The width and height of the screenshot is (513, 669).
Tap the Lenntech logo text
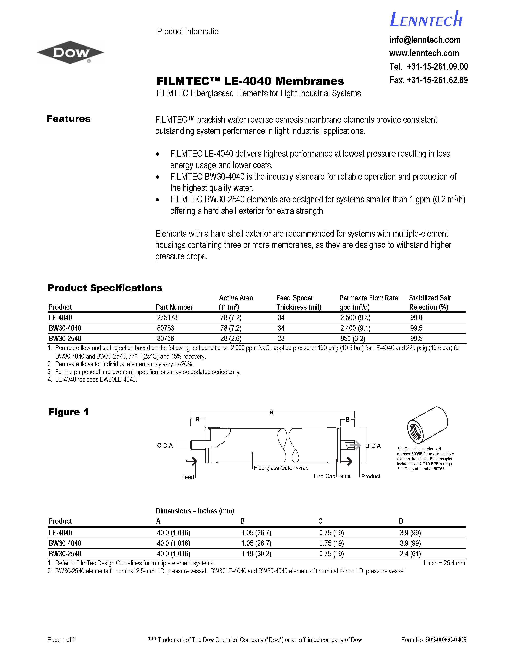pos(426,20)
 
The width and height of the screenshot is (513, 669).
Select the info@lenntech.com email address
pos(425,40)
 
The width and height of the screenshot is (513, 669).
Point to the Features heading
pos(68,119)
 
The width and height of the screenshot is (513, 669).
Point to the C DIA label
pos(165,445)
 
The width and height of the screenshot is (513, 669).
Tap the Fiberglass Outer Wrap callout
pos(281,468)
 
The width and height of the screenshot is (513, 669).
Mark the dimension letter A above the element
pos(271,412)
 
